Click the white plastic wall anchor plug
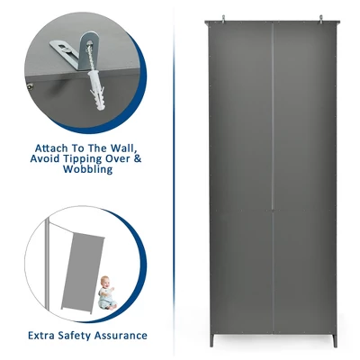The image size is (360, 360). tap(95, 90)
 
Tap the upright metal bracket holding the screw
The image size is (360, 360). tap(88, 51)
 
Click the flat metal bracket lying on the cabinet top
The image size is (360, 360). tap(65, 49)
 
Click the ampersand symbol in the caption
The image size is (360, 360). tap(137, 158)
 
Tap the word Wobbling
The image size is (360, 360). tap(87, 169)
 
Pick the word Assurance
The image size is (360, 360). tap(121, 335)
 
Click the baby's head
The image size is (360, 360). tap(105, 283)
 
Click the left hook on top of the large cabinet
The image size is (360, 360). tap(223, 19)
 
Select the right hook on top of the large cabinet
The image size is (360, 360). tap(321, 19)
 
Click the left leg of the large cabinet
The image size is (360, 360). tap(211, 339)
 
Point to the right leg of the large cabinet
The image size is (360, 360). tap(335, 339)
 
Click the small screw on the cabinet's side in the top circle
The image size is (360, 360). tap(30, 87)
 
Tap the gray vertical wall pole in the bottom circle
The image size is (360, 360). tap(47, 265)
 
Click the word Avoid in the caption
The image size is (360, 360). tap(45, 158)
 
